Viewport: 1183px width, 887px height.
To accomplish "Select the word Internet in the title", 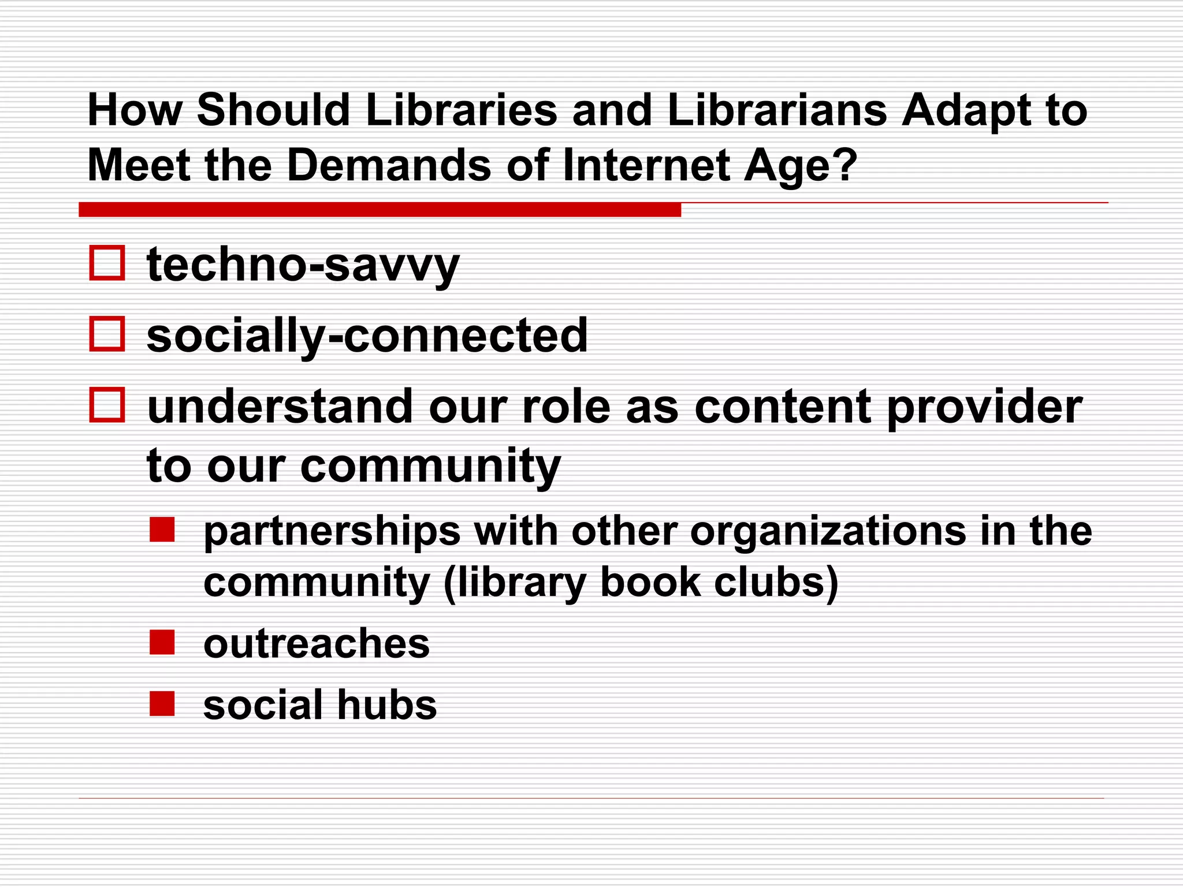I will [645, 166].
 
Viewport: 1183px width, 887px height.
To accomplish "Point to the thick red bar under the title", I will [380, 210].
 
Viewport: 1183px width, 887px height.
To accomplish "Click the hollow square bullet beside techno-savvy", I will [107, 263].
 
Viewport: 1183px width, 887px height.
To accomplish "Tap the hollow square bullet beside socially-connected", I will [107, 334].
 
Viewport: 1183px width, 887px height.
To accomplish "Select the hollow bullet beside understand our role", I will [107, 405].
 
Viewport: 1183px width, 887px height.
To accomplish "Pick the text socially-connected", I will [367, 336].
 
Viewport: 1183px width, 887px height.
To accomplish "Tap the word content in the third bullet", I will [782, 407].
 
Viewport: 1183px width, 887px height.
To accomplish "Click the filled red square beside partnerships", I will [162, 530].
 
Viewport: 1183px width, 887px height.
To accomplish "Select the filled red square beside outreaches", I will [162, 642].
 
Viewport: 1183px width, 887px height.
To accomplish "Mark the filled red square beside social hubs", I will [162, 703].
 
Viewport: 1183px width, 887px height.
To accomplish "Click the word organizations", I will [827, 532].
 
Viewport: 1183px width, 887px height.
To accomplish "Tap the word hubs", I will [386, 705].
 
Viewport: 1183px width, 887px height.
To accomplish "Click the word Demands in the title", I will [389, 166].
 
